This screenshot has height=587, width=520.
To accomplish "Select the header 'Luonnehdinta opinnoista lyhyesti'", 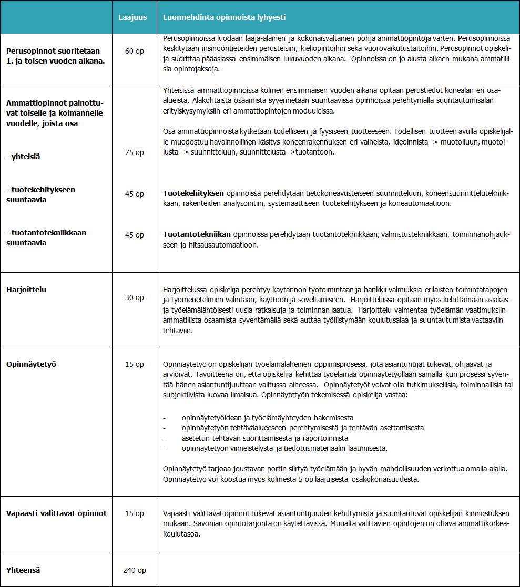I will click(x=225, y=17).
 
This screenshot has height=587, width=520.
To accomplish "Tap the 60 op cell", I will click(x=134, y=51).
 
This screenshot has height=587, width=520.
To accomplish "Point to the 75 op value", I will click(x=134, y=152).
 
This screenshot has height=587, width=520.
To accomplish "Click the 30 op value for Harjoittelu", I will click(x=134, y=297).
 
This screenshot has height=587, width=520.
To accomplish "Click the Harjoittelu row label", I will click(x=26, y=290).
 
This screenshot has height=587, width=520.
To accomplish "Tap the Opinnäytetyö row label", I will click(x=31, y=364).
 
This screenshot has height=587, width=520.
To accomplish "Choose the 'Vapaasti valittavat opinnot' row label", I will click(x=56, y=513).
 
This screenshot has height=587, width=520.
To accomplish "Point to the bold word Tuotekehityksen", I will click(x=193, y=194).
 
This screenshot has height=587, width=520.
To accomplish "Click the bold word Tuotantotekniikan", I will click(x=197, y=235).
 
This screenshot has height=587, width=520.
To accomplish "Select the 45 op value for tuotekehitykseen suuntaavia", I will click(x=134, y=194).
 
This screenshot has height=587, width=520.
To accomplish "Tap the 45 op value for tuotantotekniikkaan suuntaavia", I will click(x=134, y=235).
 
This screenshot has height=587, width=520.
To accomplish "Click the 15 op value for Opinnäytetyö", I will click(x=134, y=364).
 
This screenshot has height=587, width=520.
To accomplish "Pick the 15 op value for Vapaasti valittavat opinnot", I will click(x=134, y=513).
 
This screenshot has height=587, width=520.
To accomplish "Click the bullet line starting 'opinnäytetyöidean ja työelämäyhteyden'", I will click(x=267, y=418).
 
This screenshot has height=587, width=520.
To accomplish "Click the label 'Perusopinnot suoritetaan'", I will click(x=53, y=51).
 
